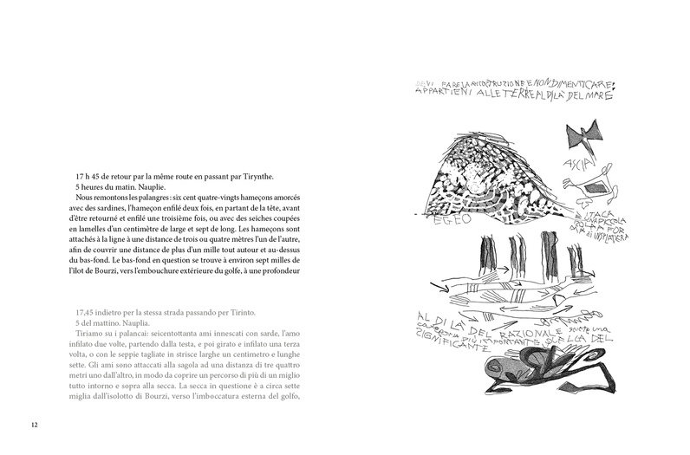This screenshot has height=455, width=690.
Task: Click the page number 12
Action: tap(34, 425)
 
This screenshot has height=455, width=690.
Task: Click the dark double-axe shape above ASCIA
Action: tap(583, 137)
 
